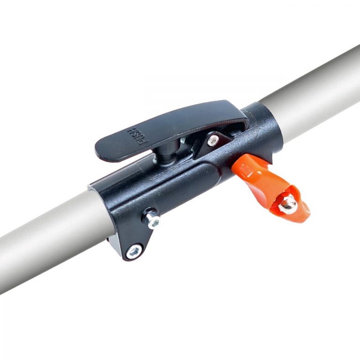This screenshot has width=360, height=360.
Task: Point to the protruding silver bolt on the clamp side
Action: click(151, 220)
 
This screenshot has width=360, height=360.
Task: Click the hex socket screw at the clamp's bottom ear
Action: click(134, 251)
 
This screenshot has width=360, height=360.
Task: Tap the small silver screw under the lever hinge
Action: click(213, 140)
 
